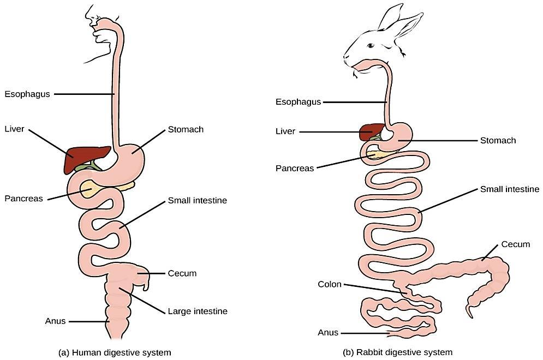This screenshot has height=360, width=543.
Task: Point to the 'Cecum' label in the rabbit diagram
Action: click(515, 244)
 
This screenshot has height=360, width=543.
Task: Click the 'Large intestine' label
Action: click(198, 311)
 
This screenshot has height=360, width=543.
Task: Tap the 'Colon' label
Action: click(330, 284)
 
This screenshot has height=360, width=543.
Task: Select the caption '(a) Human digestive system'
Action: click(114, 352)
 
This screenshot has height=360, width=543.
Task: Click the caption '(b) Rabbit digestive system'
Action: click(397, 352)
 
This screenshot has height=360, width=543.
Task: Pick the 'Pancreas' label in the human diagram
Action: click(23, 199)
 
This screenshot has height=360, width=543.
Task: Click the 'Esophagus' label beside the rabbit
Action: click(298, 102)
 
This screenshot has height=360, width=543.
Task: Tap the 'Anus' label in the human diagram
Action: click(55, 321)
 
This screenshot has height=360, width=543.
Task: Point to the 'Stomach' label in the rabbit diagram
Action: click(498, 140)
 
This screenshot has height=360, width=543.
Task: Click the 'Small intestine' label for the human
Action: click(198, 200)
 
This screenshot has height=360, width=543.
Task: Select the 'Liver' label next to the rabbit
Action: click(285, 131)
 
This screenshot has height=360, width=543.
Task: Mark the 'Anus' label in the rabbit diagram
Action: click(328, 332)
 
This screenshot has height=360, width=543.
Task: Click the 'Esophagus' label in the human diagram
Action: click(27, 94)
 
